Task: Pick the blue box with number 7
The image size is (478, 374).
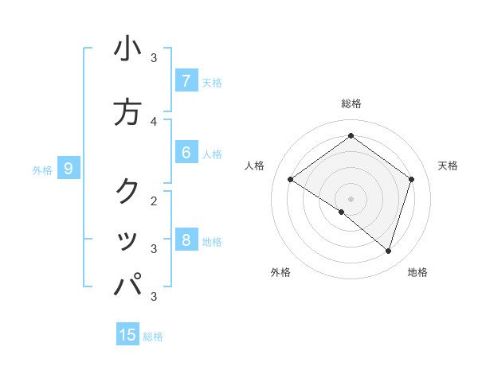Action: coord(186,81)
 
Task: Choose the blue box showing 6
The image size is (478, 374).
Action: coord(186,153)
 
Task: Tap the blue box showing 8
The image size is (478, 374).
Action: coord(186,240)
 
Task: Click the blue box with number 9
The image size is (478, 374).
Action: coord(69,169)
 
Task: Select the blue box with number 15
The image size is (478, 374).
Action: coord(127,335)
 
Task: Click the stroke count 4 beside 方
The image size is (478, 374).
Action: coord(154,121)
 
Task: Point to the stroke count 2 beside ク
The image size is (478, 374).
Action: coord(154,201)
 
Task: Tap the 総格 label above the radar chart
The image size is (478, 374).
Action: coord(351,103)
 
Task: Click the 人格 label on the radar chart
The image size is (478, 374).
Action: coord(255,166)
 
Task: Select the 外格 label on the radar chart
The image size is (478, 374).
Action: coord(280,273)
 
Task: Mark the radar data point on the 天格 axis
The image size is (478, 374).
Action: coord(411,179)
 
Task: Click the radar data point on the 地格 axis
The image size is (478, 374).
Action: coord(388,251)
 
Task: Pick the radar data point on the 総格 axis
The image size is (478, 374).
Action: coord(351,135)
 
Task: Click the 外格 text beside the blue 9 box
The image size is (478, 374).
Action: coord(41,169)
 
